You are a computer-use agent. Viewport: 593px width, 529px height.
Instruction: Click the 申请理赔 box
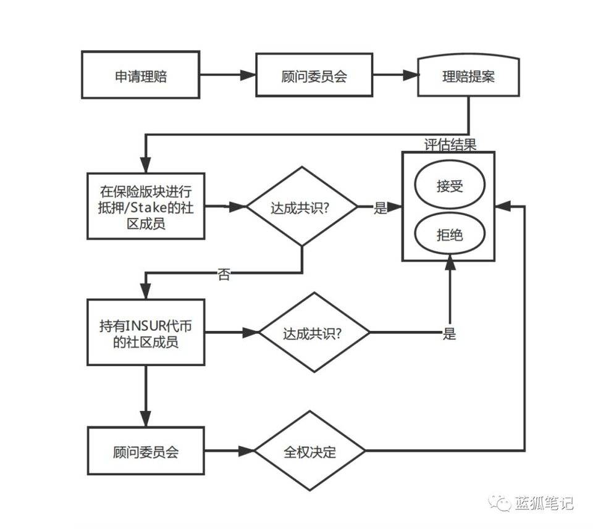pyautogui.click(x=141, y=75)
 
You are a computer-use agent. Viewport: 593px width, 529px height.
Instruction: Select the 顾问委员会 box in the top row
pyautogui.click(x=314, y=75)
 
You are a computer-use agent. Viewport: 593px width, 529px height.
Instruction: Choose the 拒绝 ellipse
pyautogui.click(x=449, y=234)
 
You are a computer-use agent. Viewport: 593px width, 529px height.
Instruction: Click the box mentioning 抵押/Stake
pyautogui.click(x=146, y=206)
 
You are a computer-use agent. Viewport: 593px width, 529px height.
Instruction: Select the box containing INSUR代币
pyautogui.click(x=146, y=333)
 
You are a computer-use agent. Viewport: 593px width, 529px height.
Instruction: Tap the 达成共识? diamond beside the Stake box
pyautogui.click(x=302, y=207)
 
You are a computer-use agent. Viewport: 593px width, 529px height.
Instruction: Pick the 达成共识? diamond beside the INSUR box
pyautogui.click(x=314, y=333)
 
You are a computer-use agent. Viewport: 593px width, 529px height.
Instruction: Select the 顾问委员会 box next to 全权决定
pyautogui.click(x=146, y=451)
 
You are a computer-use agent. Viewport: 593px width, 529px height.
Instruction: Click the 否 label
pyautogui.click(x=224, y=275)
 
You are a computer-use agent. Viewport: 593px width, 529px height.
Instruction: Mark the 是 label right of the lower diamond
pyautogui.click(x=449, y=334)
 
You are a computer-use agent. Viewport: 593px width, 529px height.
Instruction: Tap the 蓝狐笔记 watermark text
pyautogui.click(x=544, y=503)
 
